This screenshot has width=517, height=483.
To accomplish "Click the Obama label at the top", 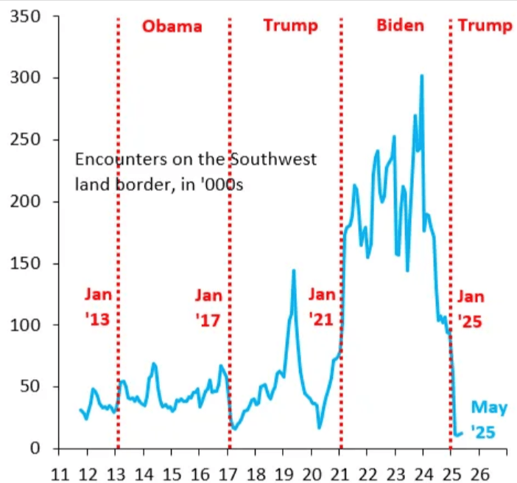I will (172, 27).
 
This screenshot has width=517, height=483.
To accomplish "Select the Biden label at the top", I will (400, 26).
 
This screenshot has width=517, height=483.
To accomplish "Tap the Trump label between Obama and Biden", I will (290, 26).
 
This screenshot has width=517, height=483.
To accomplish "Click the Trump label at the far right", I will (485, 26).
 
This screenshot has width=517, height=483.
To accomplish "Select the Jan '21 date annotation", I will (321, 308).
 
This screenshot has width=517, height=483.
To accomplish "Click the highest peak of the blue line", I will (421, 75).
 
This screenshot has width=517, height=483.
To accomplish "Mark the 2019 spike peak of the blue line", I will (294, 271).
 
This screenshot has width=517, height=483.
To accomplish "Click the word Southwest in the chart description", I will (280, 160).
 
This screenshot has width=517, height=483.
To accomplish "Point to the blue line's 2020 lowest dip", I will (319, 427).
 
